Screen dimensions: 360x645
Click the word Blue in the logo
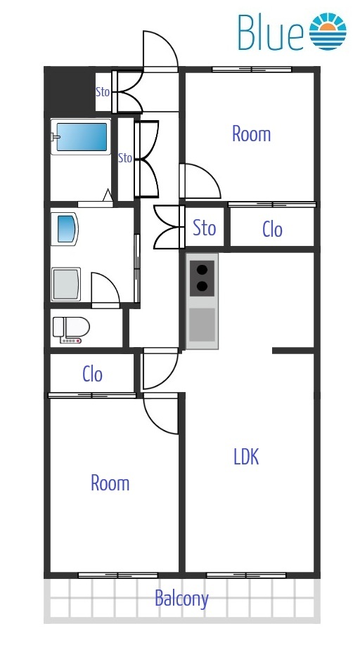point(270,32)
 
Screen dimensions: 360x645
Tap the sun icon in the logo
point(328,31)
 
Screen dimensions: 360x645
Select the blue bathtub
point(81,137)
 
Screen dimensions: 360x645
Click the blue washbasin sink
point(67,229)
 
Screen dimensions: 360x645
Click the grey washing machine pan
point(66,284)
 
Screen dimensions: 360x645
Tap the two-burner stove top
point(202,278)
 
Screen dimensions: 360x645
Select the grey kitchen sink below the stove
point(202,325)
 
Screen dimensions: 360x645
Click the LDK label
point(247,457)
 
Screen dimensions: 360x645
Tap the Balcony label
point(181,599)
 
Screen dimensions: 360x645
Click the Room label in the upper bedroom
point(252,134)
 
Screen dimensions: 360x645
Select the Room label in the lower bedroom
point(110,483)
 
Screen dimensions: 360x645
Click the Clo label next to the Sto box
point(272,230)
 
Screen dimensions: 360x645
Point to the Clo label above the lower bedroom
point(92,374)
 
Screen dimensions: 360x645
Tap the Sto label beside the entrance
point(103,92)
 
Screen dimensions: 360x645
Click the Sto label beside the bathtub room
point(125,157)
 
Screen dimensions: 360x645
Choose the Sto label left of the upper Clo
point(205,228)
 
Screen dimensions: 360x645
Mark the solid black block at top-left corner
point(70,89)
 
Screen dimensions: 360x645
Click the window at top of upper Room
point(252,70)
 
